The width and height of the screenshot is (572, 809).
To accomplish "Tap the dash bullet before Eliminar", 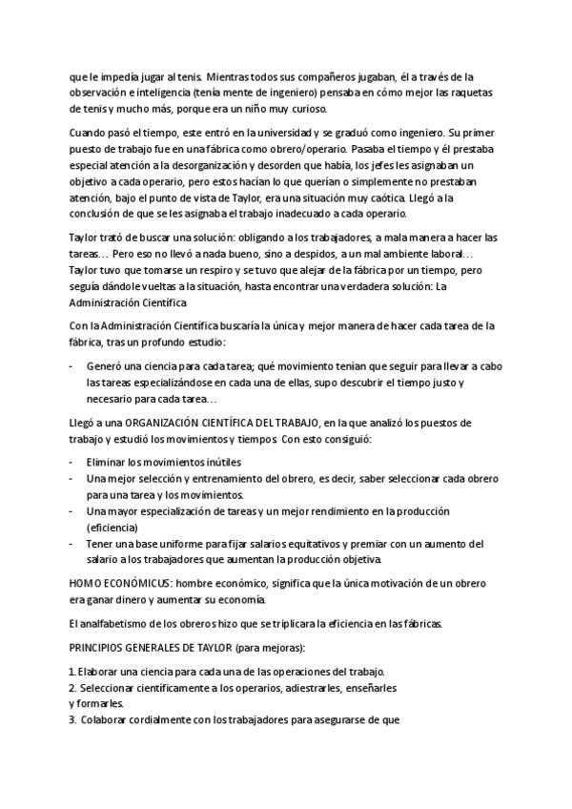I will pos(73,462).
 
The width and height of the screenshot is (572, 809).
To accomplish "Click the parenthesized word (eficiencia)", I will pos(113,527).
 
